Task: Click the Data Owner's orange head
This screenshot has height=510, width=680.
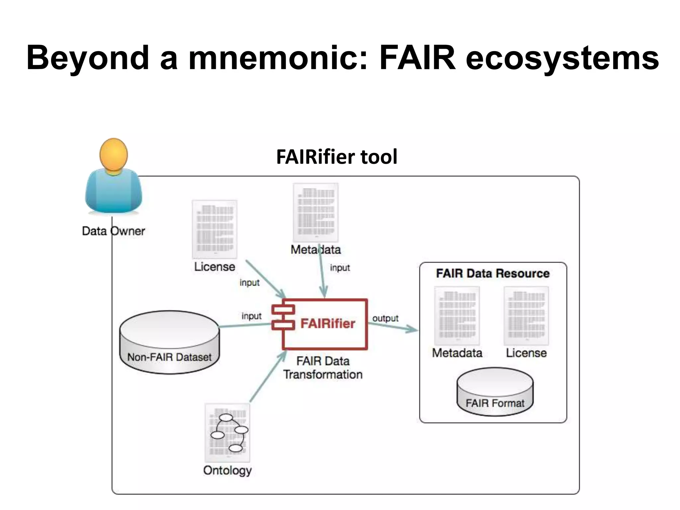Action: (114, 155)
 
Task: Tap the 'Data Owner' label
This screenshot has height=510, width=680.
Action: (114, 231)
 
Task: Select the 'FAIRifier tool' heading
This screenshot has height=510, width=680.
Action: (336, 157)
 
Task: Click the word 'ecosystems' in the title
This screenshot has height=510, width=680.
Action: (562, 58)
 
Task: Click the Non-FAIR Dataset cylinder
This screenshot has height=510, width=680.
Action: (169, 342)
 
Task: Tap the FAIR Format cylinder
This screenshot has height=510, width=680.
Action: (495, 392)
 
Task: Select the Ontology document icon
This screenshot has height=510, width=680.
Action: (227, 433)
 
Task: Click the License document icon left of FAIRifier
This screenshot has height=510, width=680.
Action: (214, 229)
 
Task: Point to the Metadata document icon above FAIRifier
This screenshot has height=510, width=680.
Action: (316, 212)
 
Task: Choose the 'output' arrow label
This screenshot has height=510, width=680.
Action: (385, 318)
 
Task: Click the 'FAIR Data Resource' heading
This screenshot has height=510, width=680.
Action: (493, 273)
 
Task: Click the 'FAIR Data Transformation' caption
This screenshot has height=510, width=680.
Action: (323, 368)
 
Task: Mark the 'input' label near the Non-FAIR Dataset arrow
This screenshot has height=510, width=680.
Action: (251, 316)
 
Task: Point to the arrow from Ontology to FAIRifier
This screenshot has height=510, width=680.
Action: (267, 378)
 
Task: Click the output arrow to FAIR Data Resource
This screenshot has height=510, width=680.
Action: (393, 327)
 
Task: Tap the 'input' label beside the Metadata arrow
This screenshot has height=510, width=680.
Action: (340, 268)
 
